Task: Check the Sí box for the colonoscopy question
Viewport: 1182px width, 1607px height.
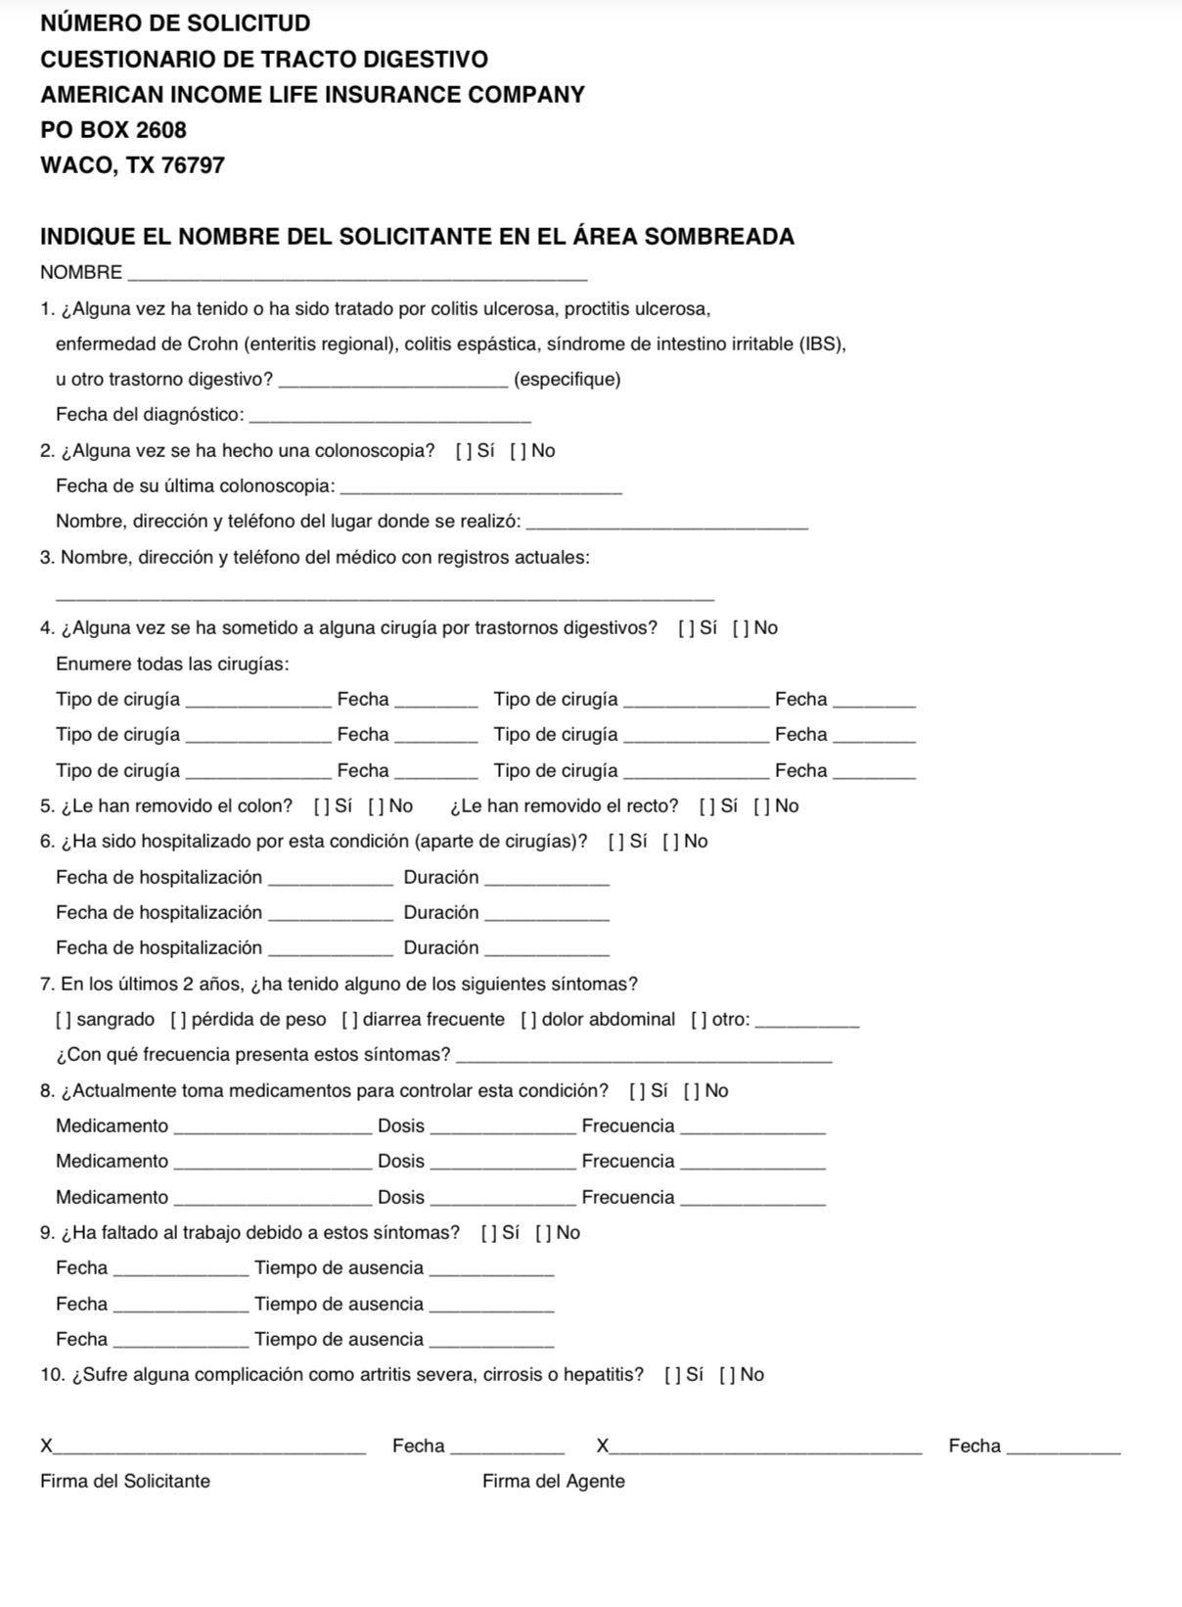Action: pyautogui.click(x=462, y=451)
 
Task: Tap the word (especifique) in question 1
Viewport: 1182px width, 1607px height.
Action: pyautogui.click(x=567, y=380)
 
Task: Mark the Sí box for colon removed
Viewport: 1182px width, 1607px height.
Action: pyautogui.click(x=321, y=806)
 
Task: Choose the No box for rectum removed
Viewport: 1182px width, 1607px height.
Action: pyautogui.click(x=761, y=806)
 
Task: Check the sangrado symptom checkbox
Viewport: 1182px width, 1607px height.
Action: pyautogui.click(x=64, y=1020)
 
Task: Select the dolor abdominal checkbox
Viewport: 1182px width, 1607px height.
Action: pyautogui.click(x=528, y=1020)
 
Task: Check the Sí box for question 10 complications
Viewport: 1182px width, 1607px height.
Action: pyautogui.click(x=672, y=1375)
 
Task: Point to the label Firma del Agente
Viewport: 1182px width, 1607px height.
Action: pyautogui.click(x=553, y=1482)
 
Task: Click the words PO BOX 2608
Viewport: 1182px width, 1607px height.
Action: pyautogui.click(x=114, y=130)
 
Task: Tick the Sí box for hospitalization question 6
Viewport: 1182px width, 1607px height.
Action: pyautogui.click(x=615, y=842)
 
